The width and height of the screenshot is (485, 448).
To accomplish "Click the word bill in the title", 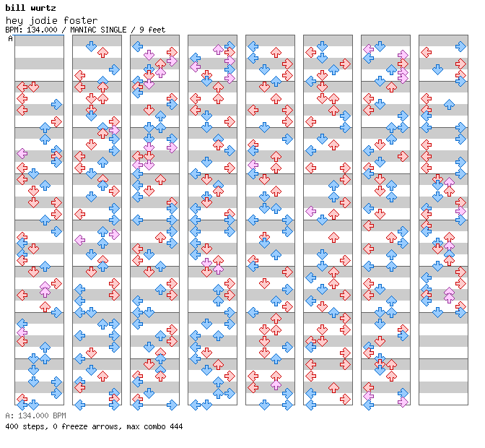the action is click(14, 8).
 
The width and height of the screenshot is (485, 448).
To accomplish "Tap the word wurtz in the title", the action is click(43, 8).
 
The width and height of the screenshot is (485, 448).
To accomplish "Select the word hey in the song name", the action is click(14, 21).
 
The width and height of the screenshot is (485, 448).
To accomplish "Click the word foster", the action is click(80, 20).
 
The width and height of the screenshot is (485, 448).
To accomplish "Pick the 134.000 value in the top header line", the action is click(42, 30).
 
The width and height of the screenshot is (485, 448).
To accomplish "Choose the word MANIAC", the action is click(82, 30).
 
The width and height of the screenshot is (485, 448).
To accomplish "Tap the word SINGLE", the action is click(113, 30).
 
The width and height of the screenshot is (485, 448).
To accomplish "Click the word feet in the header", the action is click(157, 30).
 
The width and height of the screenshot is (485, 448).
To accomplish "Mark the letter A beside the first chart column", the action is click(11, 38).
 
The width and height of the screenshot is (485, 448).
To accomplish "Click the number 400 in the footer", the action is click(12, 426).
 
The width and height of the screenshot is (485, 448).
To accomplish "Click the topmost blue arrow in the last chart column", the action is click(460, 46).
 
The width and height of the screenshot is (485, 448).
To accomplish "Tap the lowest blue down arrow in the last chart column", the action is click(437, 312).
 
